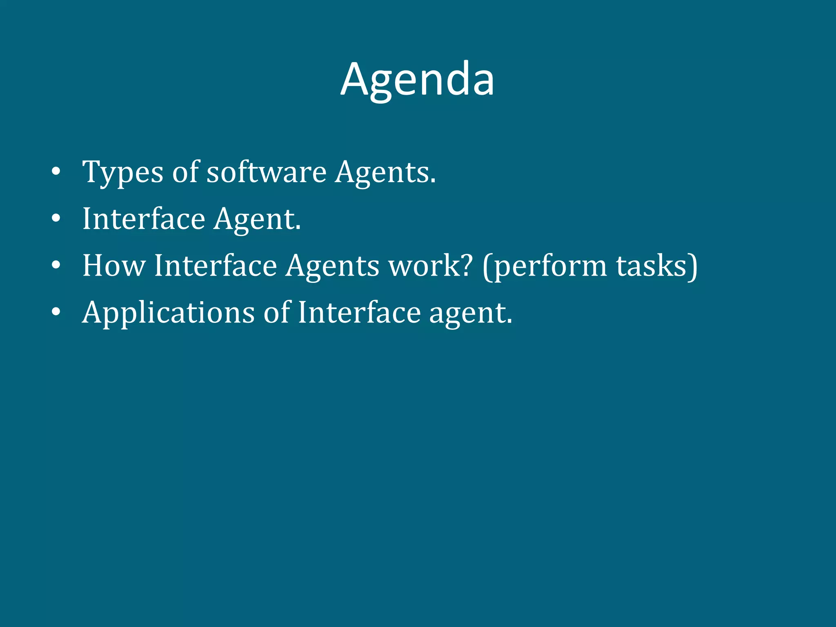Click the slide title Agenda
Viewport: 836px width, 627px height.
coord(417,80)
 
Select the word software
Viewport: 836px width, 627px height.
coord(266,172)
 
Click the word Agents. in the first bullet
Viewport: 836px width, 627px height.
coord(385,173)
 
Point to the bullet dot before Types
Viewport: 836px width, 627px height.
coord(56,171)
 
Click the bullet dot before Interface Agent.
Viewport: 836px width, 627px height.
coord(56,218)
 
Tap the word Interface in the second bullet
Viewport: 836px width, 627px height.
coord(144,219)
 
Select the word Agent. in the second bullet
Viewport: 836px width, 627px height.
coord(257,220)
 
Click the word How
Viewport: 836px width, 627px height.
coord(114,266)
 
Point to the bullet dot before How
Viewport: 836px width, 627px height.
coord(56,265)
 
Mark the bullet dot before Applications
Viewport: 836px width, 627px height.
coord(56,312)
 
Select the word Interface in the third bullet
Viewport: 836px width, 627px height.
coord(216,266)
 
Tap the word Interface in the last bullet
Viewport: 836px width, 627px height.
coord(359,313)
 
